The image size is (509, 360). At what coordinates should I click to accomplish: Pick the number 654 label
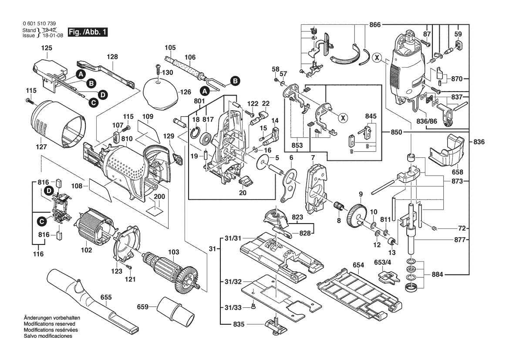[x=358, y=265]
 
